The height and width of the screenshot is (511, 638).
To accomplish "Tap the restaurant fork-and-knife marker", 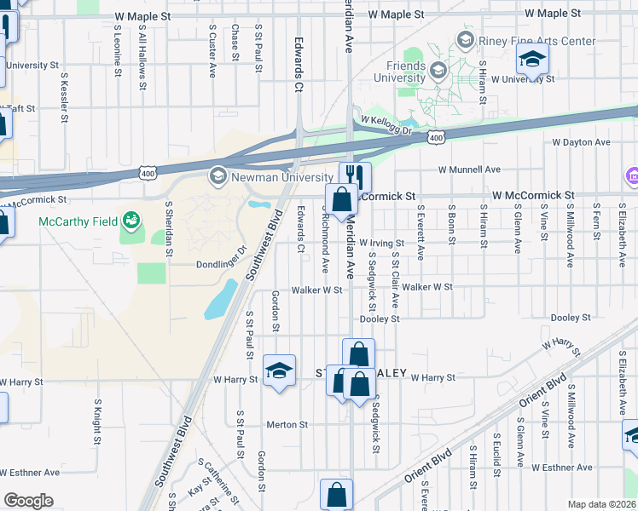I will (356, 177).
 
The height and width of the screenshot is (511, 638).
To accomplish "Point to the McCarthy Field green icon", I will (130, 221).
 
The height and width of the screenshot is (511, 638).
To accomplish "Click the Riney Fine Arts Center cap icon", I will (465, 40).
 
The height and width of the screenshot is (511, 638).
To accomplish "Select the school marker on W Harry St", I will (279, 370).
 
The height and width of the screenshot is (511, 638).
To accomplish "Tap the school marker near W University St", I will (532, 60).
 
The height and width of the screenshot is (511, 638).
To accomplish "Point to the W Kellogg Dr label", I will (386, 126).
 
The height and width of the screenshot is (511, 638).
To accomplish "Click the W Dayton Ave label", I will (582, 142).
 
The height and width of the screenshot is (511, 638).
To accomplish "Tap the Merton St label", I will (287, 424).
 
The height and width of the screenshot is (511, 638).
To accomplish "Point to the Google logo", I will (28, 501).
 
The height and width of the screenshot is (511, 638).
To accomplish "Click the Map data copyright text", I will (602, 504).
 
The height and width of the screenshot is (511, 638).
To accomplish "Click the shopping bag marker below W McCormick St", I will (341, 201).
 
